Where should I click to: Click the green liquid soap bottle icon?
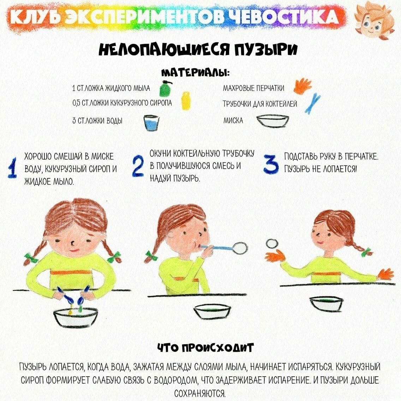[165, 89]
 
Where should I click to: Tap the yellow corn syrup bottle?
[186, 101]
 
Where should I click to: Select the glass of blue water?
[151, 123]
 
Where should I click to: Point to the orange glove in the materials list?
[303, 86]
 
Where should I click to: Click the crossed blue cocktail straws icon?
[312, 103]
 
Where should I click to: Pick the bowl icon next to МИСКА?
[273, 121]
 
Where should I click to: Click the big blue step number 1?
[12, 168]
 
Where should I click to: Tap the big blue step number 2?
[138, 166]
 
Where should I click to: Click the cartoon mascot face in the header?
[373, 20]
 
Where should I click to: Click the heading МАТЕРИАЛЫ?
[195, 73]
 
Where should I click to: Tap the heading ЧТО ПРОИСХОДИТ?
[205, 348]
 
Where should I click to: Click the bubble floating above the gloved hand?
[271, 243]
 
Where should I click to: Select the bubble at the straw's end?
[240, 247]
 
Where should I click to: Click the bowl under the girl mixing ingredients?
[76, 317]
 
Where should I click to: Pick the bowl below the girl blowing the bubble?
[212, 311]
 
